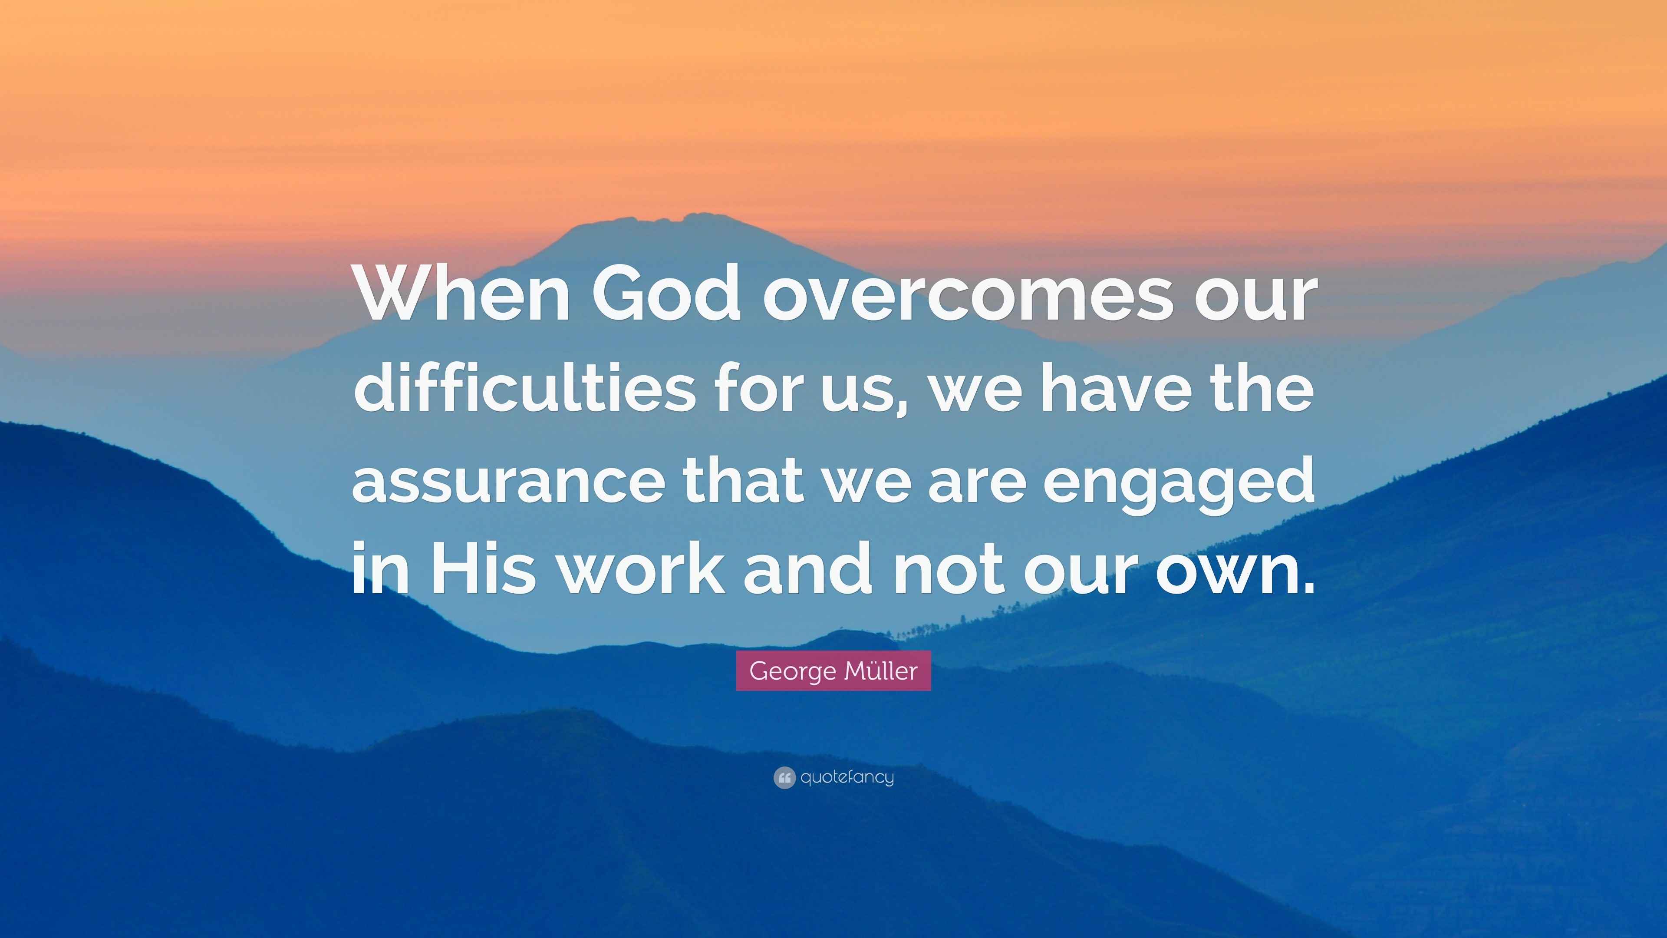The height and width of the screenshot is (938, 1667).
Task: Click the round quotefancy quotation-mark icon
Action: pos(784,777)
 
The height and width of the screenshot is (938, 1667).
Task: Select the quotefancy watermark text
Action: pos(847,777)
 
